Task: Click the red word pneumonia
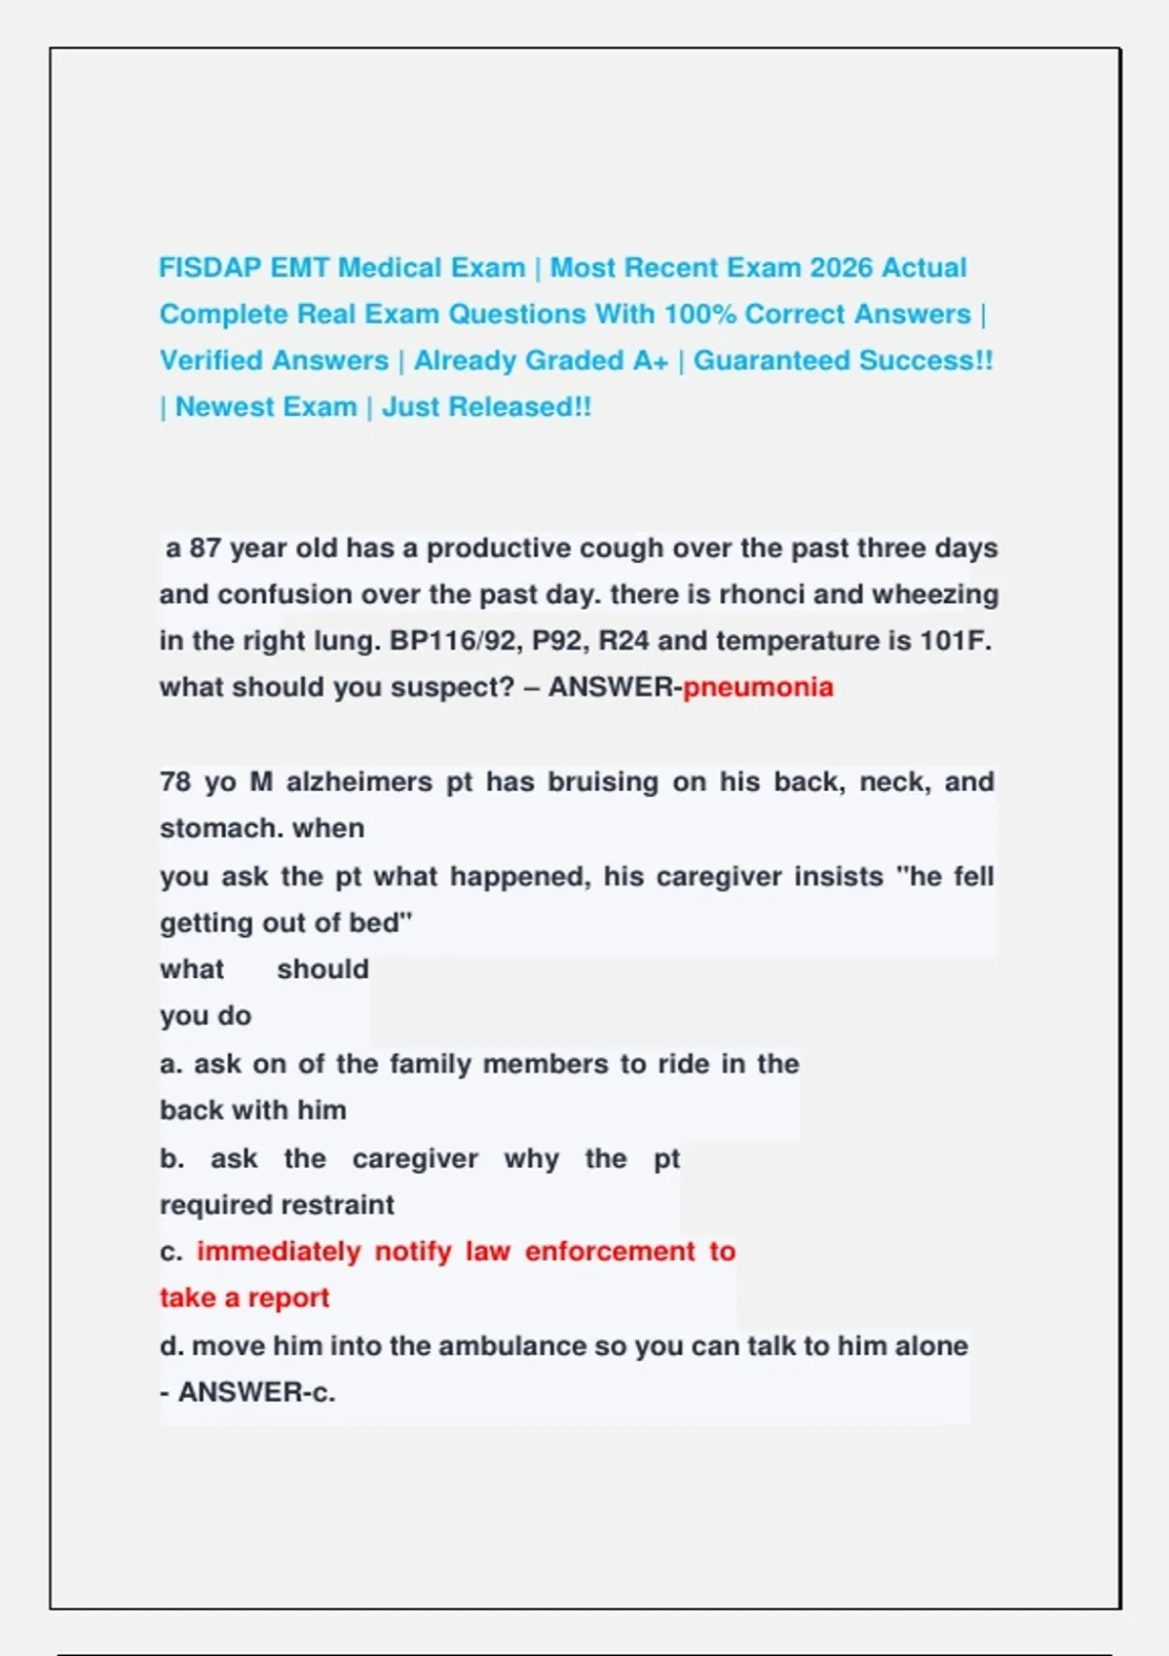coord(758,688)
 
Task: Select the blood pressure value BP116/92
coord(453,641)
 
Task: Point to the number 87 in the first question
coord(205,548)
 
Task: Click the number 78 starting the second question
coord(175,782)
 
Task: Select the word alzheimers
coord(358,782)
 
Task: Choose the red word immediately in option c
coord(279,1252)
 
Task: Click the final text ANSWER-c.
coord(256,1393)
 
